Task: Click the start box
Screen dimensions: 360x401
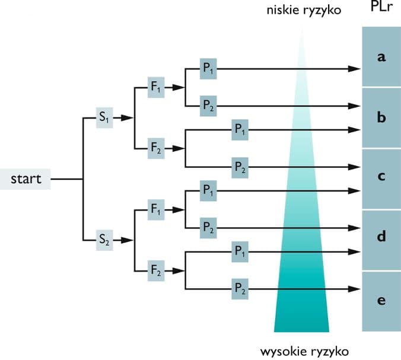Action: click(26, 179)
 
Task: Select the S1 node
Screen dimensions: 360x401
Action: click(104, 118)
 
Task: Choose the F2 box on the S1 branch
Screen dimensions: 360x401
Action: click(156, 148)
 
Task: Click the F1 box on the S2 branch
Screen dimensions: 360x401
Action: click(156, 209)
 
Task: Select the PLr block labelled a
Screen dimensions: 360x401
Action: click(381, 57)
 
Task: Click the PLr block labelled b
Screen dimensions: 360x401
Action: click(381, 117)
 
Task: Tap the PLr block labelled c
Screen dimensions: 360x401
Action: click(381, 177)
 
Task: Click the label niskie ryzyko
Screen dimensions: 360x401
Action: click(301, 11)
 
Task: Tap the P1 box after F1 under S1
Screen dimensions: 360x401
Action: click(208, 69)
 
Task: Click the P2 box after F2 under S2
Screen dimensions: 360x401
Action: click(240, 290)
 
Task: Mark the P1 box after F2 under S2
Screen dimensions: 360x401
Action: click(240, 252)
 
